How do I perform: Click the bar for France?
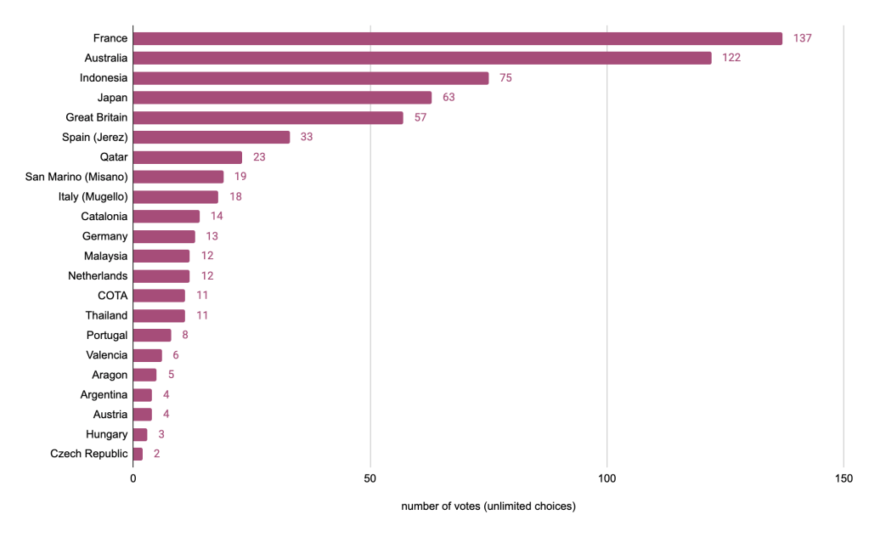click(458, 38)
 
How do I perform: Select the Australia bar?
click(422, 58)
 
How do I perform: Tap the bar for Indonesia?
click(311, 78)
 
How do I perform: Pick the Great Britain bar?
click(268, 117)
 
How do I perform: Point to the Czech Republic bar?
click(138, 454)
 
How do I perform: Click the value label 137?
click(803, 38)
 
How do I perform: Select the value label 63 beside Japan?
click(449, 98)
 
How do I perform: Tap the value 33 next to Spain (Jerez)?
click(307, 137)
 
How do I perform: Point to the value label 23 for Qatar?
click(259, 157)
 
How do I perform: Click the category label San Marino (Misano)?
click(76, 177)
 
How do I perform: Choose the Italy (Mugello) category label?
click(87, 196)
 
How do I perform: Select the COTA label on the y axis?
click(113, 296)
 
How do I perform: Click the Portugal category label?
click(107, 335)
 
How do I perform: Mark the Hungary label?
click(107, 434)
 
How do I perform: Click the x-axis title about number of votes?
click(488, 507)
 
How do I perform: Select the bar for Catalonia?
click(166, 217)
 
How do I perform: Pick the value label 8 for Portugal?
click(185, 335)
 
